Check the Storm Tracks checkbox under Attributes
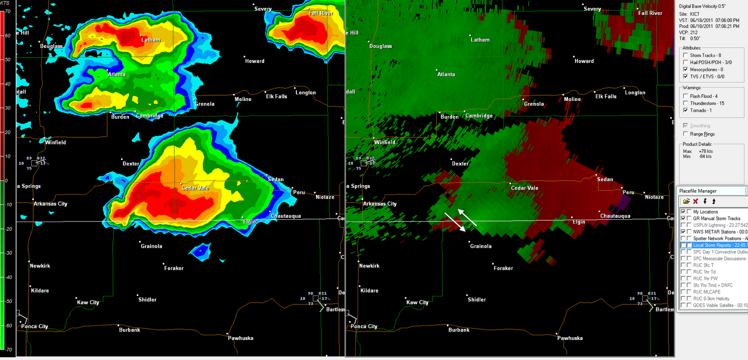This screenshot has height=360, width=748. (686, 55)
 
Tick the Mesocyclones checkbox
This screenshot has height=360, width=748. (686, 69)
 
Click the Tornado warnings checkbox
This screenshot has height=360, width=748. (686, 110)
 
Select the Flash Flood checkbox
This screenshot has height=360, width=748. (686, 96)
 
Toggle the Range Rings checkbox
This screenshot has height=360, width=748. (686, 134)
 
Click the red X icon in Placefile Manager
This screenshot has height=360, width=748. (696, 202)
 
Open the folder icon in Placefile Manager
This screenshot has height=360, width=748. (686, 202)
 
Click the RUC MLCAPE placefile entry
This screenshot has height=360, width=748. (706, 292)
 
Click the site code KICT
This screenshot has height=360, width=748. (695, 14)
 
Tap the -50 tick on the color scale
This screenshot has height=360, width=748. (8, 301)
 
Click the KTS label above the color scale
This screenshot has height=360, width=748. (5, 3)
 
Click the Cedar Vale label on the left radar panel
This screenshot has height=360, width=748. (195, 188)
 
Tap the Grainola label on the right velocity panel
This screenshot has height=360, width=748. (481, 246)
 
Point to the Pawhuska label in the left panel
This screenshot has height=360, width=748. (240, 338)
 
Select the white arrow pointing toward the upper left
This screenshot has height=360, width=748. (467, 218)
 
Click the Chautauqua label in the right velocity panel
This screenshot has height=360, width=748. (615, 216)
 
